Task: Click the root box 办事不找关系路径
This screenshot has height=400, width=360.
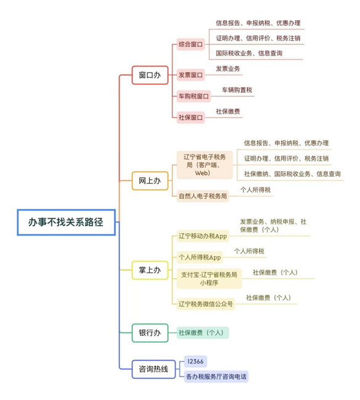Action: (67, 222)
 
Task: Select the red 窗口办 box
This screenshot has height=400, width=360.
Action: (150, 75)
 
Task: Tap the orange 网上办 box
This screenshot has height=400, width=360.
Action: (150, 181)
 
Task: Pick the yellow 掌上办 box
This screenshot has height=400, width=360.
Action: (150, 270)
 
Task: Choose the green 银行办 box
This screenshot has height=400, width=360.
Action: (150, 333)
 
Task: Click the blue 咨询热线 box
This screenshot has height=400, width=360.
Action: (153, 369)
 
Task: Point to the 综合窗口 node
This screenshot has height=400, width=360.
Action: (191, 44)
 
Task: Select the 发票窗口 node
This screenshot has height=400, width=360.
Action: (191, 75)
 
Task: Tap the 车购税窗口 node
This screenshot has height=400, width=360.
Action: (194, 96)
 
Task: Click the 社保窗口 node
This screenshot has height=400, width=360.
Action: (191, 118)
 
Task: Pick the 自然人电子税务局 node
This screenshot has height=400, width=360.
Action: (203, 196)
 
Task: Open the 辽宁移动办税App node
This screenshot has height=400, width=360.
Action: (203, 236)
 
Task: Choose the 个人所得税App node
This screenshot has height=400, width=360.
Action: (200, 258)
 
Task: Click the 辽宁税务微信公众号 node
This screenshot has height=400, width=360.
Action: (206, 304)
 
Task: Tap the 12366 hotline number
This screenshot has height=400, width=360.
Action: (195, 362)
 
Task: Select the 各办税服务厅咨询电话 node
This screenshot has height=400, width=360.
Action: (216, 377)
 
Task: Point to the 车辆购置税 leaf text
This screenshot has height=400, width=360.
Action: (237, 90)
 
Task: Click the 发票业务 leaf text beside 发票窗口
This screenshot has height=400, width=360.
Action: (228, 68)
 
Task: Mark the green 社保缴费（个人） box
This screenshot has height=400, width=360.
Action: (203, 333)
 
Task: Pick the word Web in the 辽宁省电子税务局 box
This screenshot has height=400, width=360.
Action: (202, 173)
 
